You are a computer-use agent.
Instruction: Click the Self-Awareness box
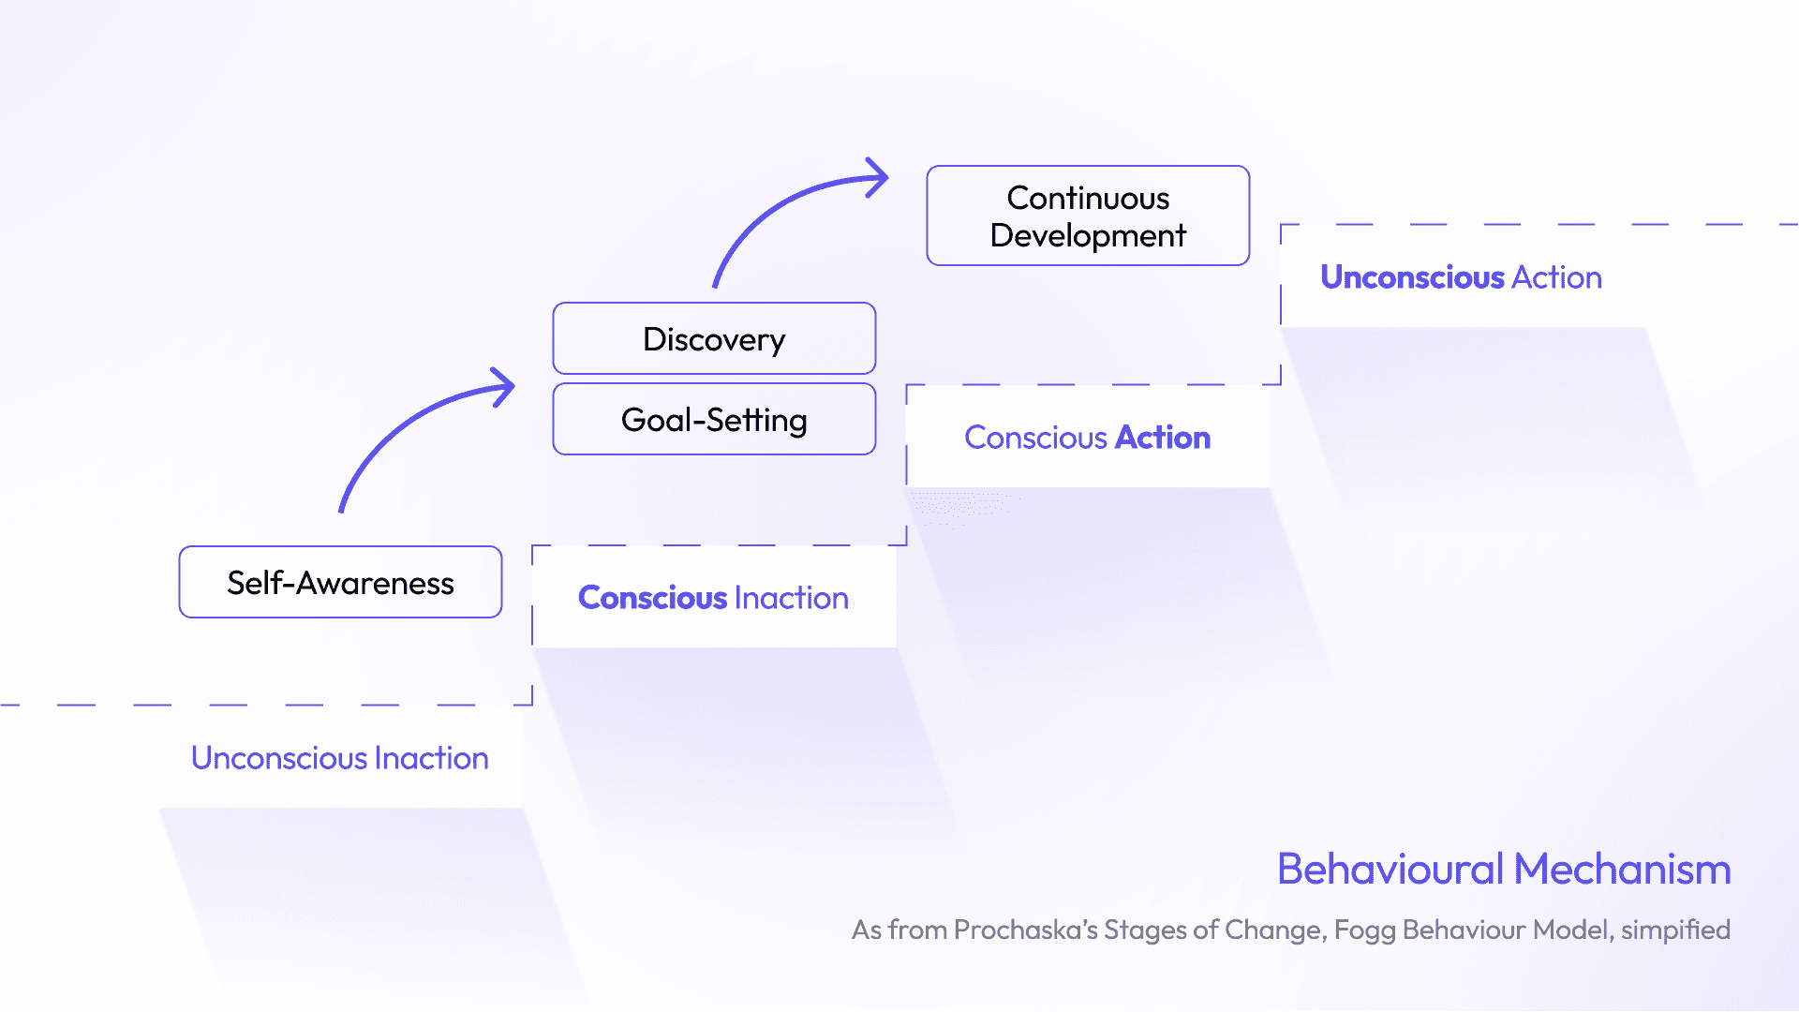[x=340, y=582]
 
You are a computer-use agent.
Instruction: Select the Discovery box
[x=714, y=338]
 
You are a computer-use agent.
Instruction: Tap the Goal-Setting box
[x=714, y=419]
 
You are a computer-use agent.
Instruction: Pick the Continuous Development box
[x=1088, y=216]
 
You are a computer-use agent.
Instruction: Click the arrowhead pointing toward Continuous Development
[x=877, y=177]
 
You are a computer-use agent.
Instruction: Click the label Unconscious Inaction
[x=339, y=757]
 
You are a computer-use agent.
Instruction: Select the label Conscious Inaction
[x=713, y=597]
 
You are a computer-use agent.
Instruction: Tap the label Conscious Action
[x=1087, y=437]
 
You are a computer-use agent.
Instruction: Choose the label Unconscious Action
[x=1461, y=276]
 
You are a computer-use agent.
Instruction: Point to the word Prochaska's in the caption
[x=1025, y=930]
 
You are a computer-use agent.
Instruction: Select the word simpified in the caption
[x=1675, y=930]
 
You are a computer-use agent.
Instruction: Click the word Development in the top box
[x=1088, y=235]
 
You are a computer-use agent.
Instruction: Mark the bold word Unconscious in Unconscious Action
[x=1412, y=276]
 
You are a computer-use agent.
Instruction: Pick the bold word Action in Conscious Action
[x=1162, y=437]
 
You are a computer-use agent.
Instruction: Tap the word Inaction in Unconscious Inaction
[x=431, y=757]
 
